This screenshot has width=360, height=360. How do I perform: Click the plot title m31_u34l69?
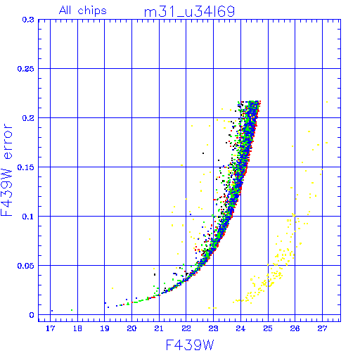coord(189,12)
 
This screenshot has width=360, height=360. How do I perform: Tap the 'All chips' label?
coord(83,11)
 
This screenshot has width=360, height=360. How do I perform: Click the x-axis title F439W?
coord(190,345)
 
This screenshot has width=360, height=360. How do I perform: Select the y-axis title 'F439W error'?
coord(7,169)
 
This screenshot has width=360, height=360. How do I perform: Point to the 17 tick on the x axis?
coord(50,328)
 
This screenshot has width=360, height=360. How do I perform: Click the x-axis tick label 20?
coord(131,328)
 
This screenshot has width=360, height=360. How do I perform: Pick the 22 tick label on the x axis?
coord(186,328)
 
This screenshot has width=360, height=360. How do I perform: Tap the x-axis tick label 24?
coord(240,328)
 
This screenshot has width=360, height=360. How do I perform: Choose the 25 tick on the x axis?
coord(268,328)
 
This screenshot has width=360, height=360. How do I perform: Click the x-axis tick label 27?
coord(322,328)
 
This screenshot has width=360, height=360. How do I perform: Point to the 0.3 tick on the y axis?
coord(28,20)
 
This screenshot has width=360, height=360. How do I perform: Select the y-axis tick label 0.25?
coord(26,69)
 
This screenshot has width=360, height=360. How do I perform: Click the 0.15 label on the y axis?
coord(26,167)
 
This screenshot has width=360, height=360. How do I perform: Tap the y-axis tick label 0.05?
coord(26,266)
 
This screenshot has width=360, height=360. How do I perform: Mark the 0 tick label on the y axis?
coord(32,315)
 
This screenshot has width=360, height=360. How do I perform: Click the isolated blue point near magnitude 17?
coord(52,311)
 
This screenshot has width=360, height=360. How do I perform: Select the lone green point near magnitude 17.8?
coord(72,310)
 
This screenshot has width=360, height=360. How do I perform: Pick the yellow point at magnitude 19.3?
coord(112,288)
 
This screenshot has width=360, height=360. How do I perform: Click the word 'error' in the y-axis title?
coord(8,141)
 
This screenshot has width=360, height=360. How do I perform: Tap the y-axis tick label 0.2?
coord(28,118)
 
